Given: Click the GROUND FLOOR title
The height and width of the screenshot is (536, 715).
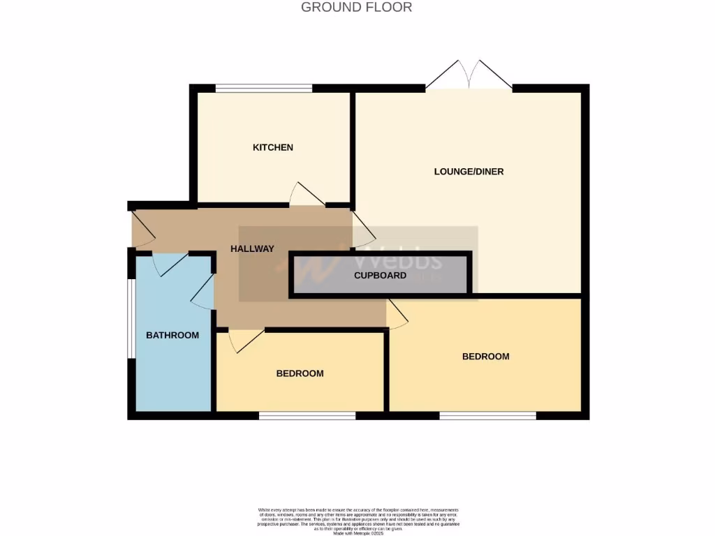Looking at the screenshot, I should pyautogui.click(x=356, y=8).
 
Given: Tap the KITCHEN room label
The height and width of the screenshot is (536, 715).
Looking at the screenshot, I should pyautogui.click(x=272, y=147).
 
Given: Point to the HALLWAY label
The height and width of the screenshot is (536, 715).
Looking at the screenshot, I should pyautogui.click(x=252, y=248).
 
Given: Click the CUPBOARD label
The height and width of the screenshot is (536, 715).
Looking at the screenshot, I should pyautogui.click(x=380, y=275).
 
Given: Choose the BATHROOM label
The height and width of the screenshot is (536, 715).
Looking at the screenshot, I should pyautogui.click(x=172, y=335).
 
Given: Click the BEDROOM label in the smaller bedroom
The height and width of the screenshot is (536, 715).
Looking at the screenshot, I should pyautogui.click(x=300, y=373).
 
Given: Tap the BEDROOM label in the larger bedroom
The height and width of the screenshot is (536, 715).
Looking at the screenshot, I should pyautogui.click(x=485, y=357).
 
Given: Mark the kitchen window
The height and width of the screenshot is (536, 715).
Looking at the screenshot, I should pyautogui.click(x=263, y=89).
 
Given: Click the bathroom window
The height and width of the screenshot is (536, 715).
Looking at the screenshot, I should pyautogui.click(x=131, y=320).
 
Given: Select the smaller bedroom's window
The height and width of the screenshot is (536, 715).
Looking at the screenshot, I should pyautogui.click(x=307, y=416).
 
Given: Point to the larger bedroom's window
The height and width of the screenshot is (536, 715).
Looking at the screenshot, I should pyautogui.click(x=487, y=416).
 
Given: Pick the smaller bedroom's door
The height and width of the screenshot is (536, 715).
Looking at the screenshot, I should pyautogui.click(x=244, y=339).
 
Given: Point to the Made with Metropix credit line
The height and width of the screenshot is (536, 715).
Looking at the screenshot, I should pyautogui.click(x=358, y=534).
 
